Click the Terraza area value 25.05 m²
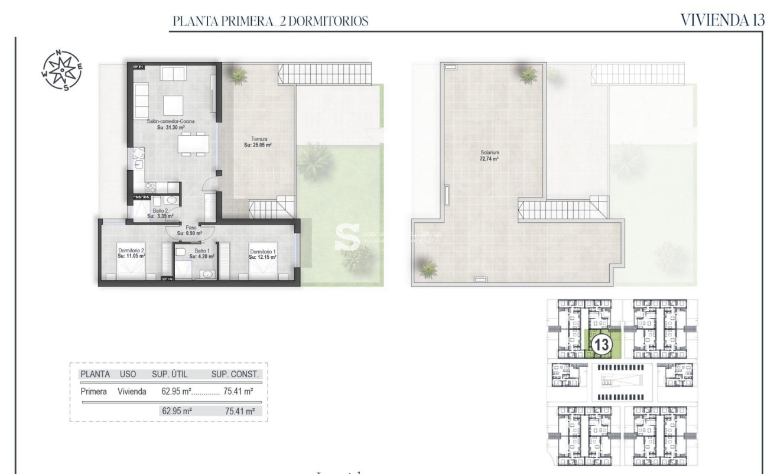pyautogui.click(x=258, y=145)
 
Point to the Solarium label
pyautogui.click(x=490, y=152)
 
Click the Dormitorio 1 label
pyautogui.click(x=263, y=252)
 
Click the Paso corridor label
pyautogui.click(x=191, y=227)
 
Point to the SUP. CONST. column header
pyautogui.click(x=235, y=374)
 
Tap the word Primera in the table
pyautogui.click(x=93, y=391)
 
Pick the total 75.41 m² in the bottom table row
pyautogui.click(x=239, y=411)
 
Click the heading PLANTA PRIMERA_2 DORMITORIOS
pyautogui.click(x=270, y=22)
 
